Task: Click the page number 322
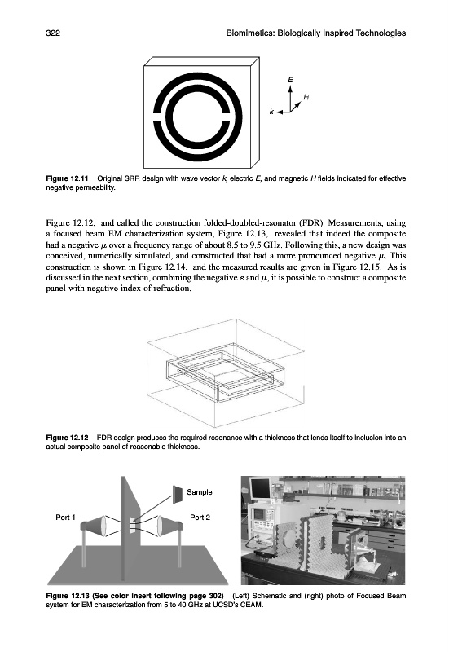[x=53, y=33]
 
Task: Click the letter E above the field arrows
[x=290, y=79]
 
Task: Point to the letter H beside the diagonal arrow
[x=306, y=97]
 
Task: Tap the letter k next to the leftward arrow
[x=271, y=112]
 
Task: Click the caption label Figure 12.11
[x=67, y=178]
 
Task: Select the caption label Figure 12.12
[x=67, y=438]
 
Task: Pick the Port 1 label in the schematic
[x=66, y=518]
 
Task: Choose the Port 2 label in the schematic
[x=200, y=518]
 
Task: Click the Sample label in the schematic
[x=200, y=492]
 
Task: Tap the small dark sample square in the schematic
[x=178, y=494]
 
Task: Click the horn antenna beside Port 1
[x=98, y=526]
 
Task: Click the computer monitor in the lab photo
[x=260, y=490]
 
